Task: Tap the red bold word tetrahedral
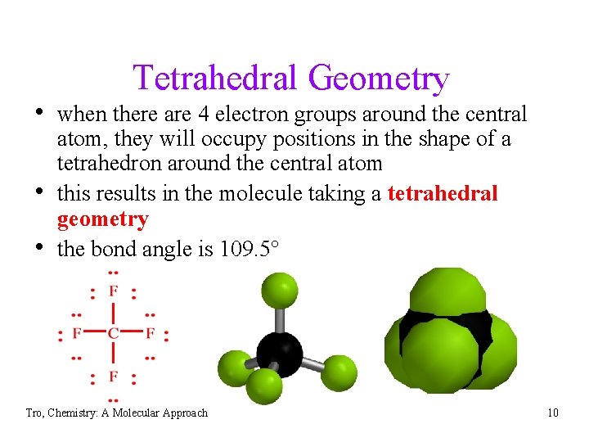pyautogui.click(x=443, y=194)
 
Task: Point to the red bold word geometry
pyautogui.click(x=102, y=219)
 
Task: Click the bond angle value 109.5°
pyautogui.click(x=250, y=249)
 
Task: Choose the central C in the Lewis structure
pyautogui.click(x=113, y=333)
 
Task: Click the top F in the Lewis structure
pyautogui.click(x=113, y=291)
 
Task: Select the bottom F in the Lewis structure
pyautogui.click(x=113, y=377)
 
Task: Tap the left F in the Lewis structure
pyautogui.click(x=76, y=333)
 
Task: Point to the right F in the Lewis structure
pyautogui.click(x=150, y=333)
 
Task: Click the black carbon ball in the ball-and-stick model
pyautogui.click(x=279, y=354)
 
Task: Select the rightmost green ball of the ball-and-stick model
pyautogui.click(x=338, y=373)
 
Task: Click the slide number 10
pyautogui.click(x=553, y=413)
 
